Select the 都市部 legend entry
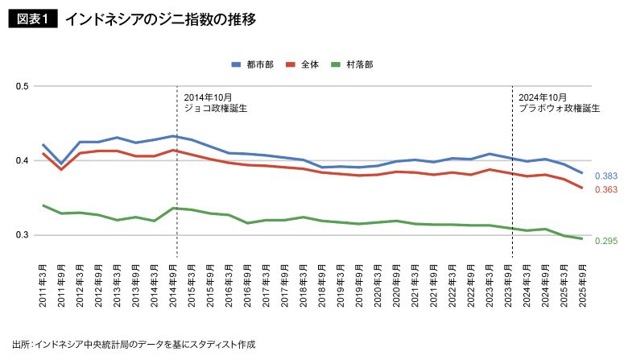(x=252, y=63)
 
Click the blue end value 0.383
(x=606, y=176)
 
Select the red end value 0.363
(x=606, y=189)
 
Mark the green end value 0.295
(x=606, y=240)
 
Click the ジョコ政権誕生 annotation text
(x=216, y=107)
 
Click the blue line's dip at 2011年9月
(x=61, y=163)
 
